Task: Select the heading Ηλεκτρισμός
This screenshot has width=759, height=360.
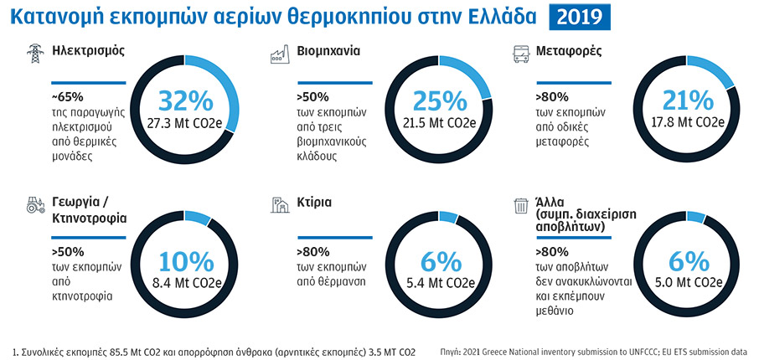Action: point(88,51)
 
